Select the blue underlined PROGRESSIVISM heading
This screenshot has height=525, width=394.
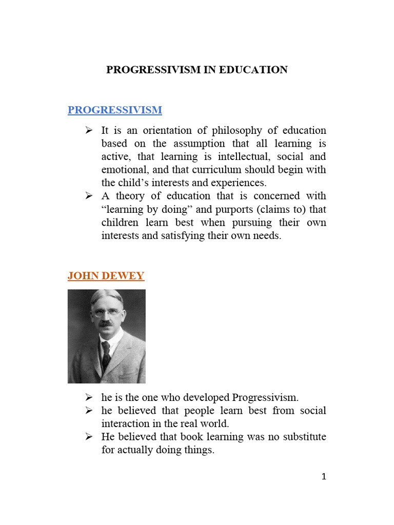point(114,110)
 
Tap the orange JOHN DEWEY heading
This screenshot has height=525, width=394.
point(106,276)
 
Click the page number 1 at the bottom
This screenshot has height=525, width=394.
point(324,477)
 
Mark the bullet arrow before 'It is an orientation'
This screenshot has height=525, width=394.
point(89,131)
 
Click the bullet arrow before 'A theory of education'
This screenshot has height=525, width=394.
point(89,196)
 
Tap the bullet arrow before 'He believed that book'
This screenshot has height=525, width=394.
point(89,437)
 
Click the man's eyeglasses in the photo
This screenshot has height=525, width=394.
point(106,314)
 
